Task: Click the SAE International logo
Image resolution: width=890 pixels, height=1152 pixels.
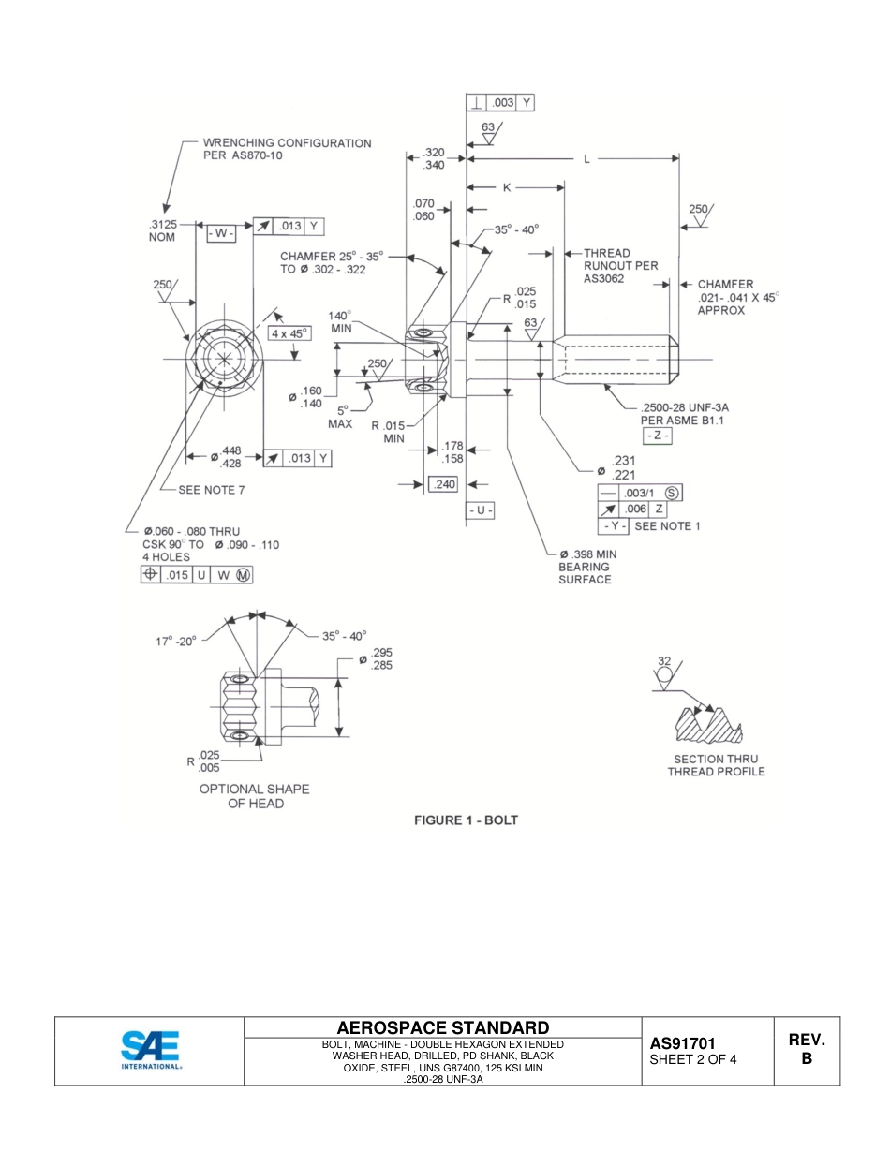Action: point(150,1050)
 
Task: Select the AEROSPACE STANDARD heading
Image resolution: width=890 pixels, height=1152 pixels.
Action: point(442,1027)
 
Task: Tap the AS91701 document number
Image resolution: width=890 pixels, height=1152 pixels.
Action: point(684,1043)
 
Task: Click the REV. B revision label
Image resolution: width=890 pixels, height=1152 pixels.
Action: point(806,1049)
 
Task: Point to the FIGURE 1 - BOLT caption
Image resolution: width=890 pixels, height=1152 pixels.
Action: point(466,820)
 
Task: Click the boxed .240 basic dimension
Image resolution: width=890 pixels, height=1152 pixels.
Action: point(442,484)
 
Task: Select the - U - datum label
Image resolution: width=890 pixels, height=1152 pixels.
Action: point(480,511)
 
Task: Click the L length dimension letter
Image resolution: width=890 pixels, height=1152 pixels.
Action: point(587,159)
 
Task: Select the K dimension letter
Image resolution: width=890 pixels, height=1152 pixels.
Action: point(507,187)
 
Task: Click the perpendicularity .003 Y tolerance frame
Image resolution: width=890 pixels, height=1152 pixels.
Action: point(500,103)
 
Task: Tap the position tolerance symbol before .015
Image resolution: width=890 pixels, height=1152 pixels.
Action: point(150,575)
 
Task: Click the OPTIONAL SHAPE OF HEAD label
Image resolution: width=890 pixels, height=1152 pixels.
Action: point(254,796)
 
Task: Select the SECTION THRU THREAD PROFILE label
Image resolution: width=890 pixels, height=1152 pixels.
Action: point(716,765)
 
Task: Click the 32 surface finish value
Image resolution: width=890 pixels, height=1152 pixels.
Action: point(663,660)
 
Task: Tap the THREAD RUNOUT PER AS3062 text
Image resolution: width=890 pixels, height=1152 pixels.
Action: point(619,265)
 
